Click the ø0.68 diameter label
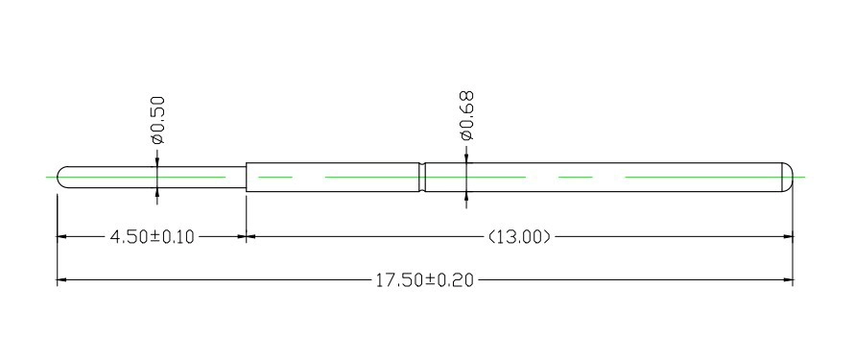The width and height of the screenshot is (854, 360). (x=466, y=116)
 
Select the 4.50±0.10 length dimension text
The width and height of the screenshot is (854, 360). (x=152, y=237)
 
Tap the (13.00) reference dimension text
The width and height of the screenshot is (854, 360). (x=519, y=237)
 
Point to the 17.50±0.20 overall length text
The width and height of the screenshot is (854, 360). (x=425, y=280)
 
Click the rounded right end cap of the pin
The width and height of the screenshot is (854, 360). (x=788, y=177)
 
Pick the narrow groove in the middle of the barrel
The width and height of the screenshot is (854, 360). (x=422, y=177)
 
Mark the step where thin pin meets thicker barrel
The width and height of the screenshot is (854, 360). (x=247, y=177)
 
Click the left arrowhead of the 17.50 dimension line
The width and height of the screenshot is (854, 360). (x=61, y=280)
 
